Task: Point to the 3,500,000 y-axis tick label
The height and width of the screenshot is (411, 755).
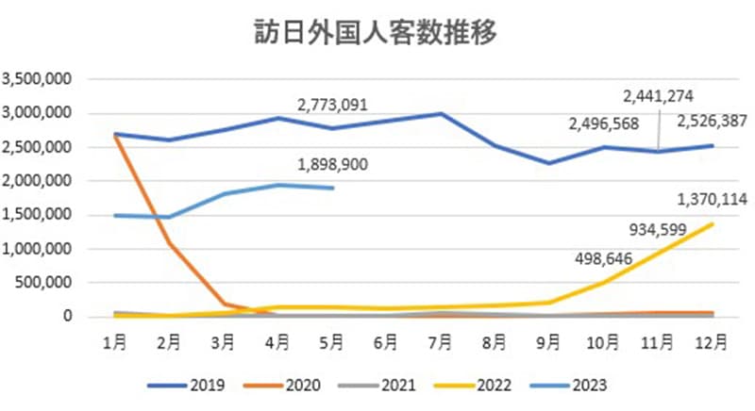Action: [39, 79]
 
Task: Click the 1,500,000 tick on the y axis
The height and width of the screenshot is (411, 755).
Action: [39, 215]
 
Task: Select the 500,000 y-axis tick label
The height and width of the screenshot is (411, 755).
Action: [46, 283]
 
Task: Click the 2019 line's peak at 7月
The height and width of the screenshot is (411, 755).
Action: [441, 114]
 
